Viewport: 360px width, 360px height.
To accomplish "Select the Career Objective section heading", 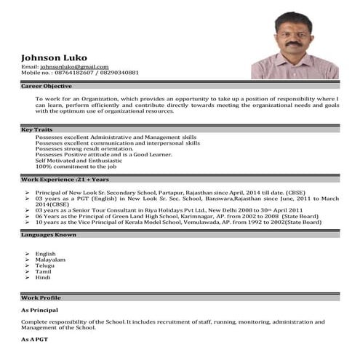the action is pos(47,86).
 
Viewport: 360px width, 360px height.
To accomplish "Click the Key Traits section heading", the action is pos(36,129).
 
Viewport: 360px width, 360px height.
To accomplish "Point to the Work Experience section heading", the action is pos(55,179).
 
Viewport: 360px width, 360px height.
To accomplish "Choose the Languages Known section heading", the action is pos(49,235).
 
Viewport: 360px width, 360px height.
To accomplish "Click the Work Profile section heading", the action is pos(41,298).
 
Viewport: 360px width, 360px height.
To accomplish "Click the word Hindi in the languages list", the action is pos(43,277).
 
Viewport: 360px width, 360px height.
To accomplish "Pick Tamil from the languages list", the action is pos(44,271).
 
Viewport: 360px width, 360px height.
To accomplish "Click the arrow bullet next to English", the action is pos(27,253).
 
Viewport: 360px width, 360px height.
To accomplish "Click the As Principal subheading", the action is pos(41,311).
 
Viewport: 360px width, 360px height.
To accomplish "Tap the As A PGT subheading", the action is pos(35,340).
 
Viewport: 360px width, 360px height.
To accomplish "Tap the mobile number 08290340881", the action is pos(119,73).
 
